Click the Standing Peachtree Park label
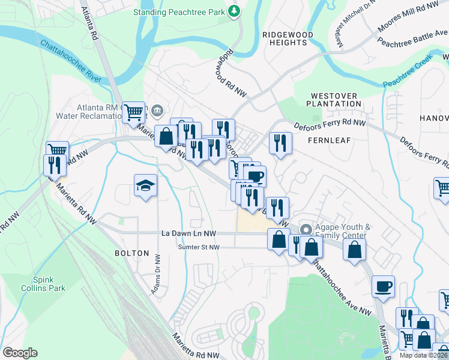coord(179,11)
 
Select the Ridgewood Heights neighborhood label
coord(288,39)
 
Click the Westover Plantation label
coord(334,100)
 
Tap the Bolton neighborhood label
coord(131,253)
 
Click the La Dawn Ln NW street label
coord(189,233)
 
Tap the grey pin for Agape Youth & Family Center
coord(306,229)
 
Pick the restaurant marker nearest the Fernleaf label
coord(280,143)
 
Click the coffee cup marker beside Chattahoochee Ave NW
coord(383,286)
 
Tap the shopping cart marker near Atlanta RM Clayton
coord(134,111)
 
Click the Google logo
coord(20,353)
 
